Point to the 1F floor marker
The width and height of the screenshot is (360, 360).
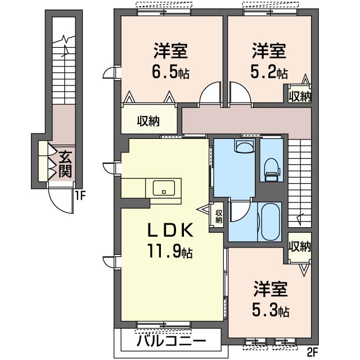click(x=80, y=196)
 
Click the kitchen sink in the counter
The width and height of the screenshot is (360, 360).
click(x=163, y=188)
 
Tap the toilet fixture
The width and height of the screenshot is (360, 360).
click(x=271, y=166)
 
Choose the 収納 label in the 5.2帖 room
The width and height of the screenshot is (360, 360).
click(x=299, y=96)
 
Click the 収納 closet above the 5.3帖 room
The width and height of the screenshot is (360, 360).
click(x=299, y=246)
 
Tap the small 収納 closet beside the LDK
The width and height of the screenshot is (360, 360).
click(x=218, y=216)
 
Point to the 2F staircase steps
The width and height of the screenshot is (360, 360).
click(x=299, y=180)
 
